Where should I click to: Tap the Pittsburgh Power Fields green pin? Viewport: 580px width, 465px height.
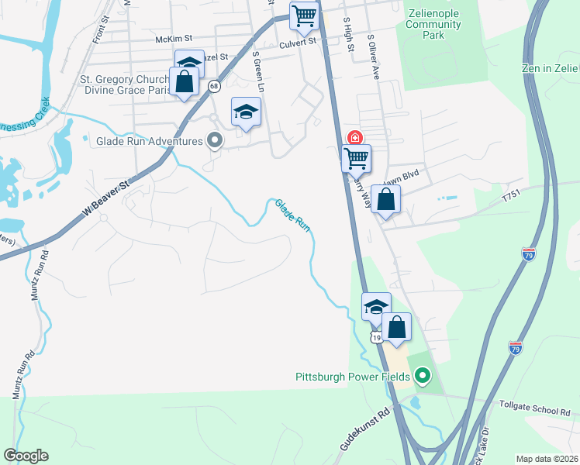tap(423, 377)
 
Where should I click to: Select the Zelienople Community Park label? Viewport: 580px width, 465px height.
tap(433, 25)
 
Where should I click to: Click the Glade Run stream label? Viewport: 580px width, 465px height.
tap(293, 215)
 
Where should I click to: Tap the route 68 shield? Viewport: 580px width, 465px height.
tap(213, 87)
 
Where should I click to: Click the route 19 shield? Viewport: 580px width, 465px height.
tap(375, 337)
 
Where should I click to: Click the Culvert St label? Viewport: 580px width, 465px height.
tap(299, 43)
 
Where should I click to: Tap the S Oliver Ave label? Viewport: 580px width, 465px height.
tap(373, 57)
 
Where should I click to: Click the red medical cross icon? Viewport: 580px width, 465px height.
tap(355, 138)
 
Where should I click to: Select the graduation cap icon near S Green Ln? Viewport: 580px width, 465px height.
tap(246, 112)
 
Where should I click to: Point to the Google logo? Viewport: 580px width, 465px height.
tap(26, 456)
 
